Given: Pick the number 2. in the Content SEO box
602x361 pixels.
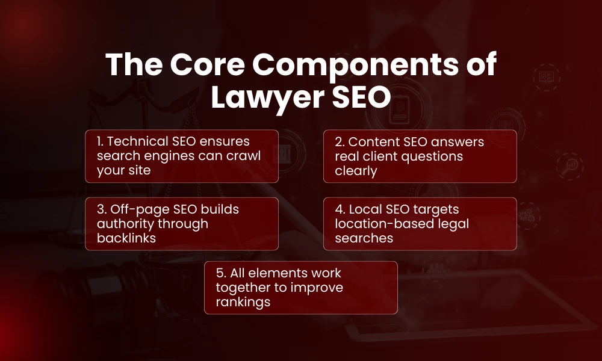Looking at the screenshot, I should click(x=340, y=142).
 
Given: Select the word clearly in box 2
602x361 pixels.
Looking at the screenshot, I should click(x=356, y=171).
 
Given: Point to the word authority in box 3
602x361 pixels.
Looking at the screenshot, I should click(x=122, y=224).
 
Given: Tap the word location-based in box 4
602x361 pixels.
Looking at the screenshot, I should click(x=381, y=224).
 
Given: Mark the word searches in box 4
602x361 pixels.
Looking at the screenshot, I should click(x=364, y=238).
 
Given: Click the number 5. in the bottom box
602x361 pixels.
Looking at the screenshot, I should click(x=221, y=273).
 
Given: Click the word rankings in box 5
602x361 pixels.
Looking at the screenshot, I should click(x=242, y=302).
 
